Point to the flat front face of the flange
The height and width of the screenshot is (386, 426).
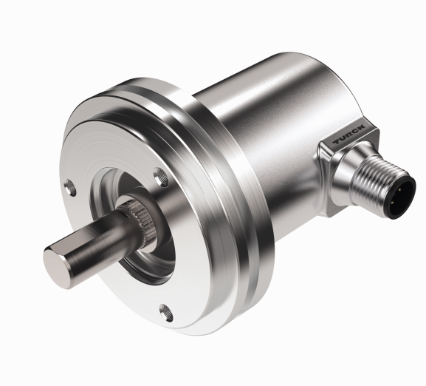[111, 148]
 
